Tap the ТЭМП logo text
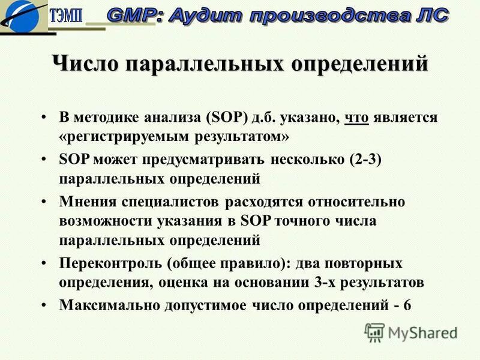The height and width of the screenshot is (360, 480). (x=67, y=16)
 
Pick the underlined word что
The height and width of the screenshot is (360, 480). (x=356, y=117)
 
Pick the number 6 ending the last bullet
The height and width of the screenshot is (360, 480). (x=407, y=304)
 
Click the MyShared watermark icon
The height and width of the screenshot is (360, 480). (x=374, y=331)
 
